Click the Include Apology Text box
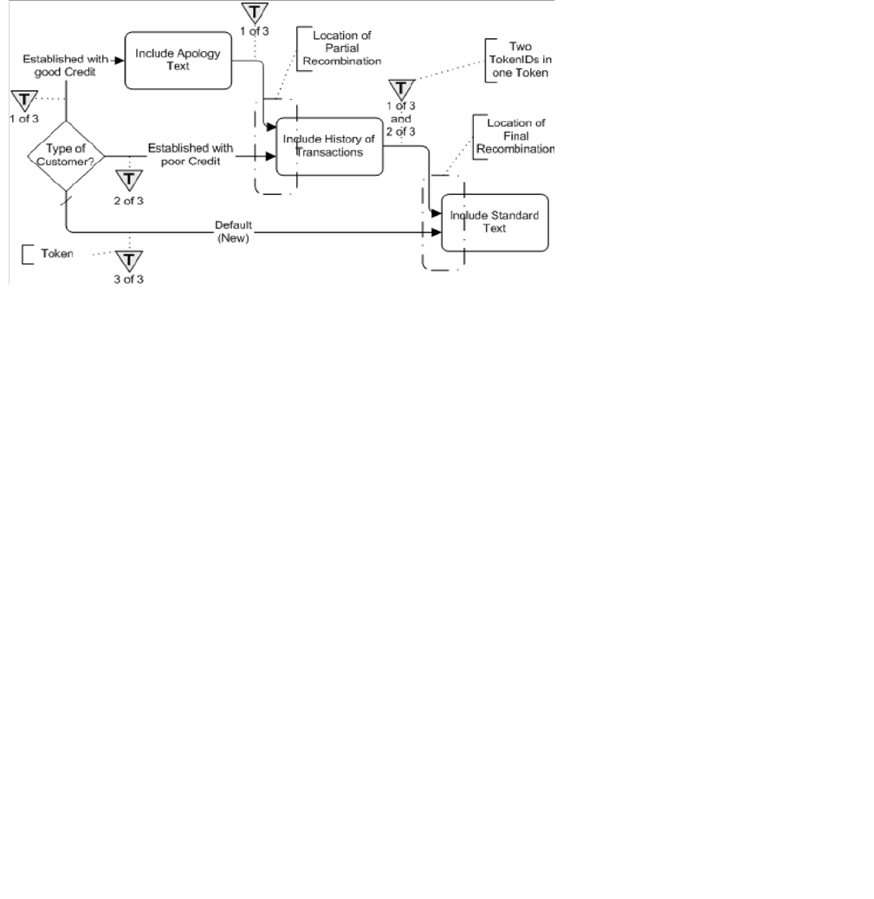point(178,60)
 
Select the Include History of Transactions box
point(329,146)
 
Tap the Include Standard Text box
point(495,222)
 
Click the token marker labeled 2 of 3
point(129,179)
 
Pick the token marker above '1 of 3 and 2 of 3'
point(400,89)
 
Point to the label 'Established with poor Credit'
point(191,154)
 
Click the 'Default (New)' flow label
point(233,231)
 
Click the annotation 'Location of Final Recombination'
point(515,136)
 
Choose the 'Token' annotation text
point(57,255)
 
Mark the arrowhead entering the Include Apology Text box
point(121,60)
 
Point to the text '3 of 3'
point(128,279)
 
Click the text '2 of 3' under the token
point(128,200)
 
